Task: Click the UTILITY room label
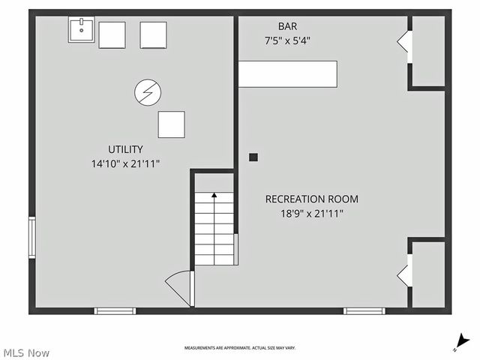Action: pos(125,149)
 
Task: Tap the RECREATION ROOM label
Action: pos(312,199)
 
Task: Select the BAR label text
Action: pos(287,26)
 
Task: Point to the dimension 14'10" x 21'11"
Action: pos(125,163)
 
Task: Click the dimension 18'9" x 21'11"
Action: pos(312,213)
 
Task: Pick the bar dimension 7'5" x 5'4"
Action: pos(287,40)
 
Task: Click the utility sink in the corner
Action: pos(82,30)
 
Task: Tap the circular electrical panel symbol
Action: pos(148,92)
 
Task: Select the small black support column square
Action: pos(253,157)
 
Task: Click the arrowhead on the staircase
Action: pos(214,195)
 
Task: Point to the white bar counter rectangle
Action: pos(288,74)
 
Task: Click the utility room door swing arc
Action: pos(175,276)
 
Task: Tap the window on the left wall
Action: pos(32,238)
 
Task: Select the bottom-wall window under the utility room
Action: pos(115,311)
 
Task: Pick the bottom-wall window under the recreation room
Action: pos(364,311)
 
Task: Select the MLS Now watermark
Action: pos(25,353)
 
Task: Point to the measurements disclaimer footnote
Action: pos(240,348)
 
